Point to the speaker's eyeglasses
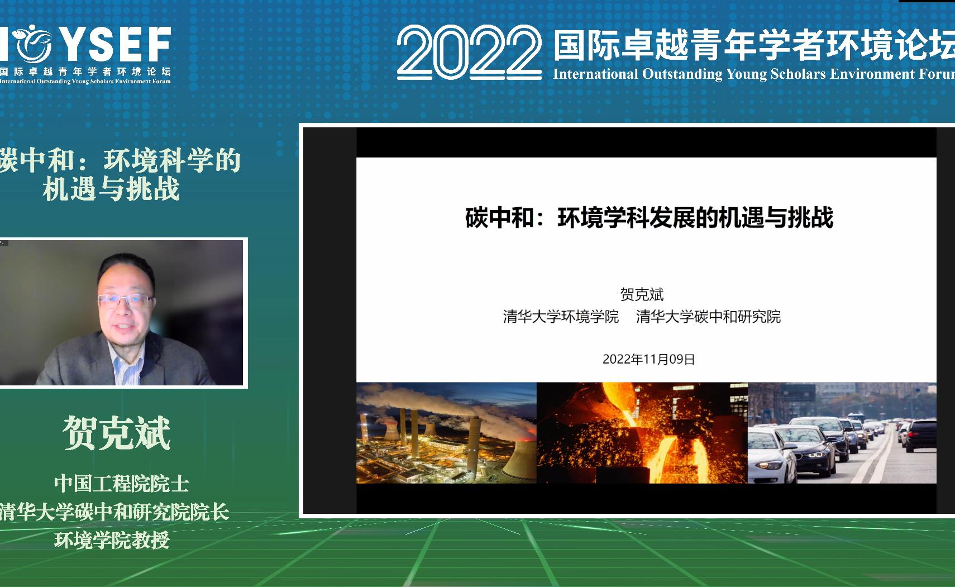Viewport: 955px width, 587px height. coord(125,300)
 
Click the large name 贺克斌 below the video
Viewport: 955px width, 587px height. coord(116,433)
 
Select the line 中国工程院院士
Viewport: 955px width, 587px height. coord(121,484)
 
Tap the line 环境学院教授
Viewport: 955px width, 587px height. coord(112,540)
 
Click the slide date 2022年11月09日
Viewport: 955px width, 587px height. coord(648,359)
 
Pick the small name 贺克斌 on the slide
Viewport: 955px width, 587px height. coord(642,294)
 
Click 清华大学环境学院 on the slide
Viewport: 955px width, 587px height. coord(561,317)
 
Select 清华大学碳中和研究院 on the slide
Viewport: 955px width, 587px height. coord(708,317)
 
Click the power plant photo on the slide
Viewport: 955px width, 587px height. coord(446,433)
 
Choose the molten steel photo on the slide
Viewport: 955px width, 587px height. coord(642,433)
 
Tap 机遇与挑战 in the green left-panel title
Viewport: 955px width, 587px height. coord(112,189)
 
